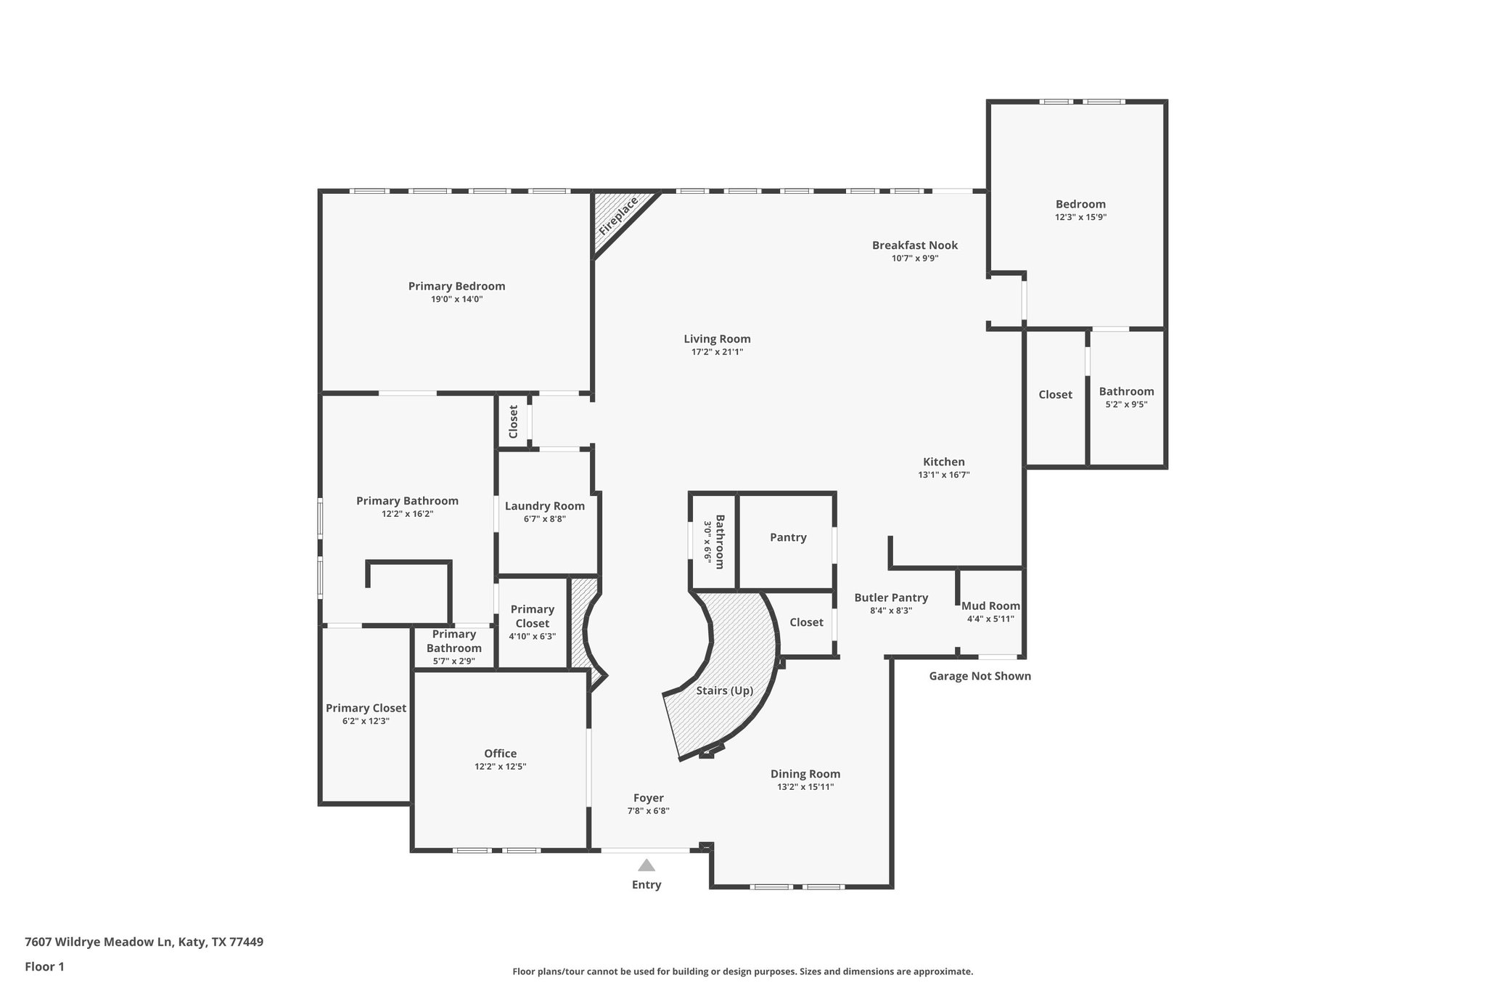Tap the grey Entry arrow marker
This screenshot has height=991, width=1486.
pos(646,865)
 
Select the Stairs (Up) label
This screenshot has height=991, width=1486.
pos(724,690)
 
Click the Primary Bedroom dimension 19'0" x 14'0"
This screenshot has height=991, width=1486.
pos(456,299)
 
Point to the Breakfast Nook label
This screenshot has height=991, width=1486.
pos(914,245)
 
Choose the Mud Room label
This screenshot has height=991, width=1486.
pos(990,606)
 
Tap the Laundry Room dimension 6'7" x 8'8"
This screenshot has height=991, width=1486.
pos(544,519)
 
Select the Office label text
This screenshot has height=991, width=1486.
pos(500,754)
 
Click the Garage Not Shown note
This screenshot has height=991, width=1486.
pos(980,676)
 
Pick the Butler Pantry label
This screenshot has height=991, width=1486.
pos(890,598)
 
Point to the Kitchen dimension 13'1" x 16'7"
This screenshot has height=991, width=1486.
pos(943,475)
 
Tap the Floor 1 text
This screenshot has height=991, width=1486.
pos(44,966)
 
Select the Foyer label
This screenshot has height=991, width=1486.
pos(648,798)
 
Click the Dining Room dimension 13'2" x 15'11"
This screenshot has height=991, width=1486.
pos(805,787)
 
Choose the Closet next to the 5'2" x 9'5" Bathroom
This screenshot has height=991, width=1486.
pos(1054,395)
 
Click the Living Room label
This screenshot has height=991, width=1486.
pos(717,339)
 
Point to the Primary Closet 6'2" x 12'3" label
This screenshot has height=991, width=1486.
pos(366,709)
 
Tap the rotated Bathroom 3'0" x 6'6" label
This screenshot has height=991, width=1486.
pos(714,542)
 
